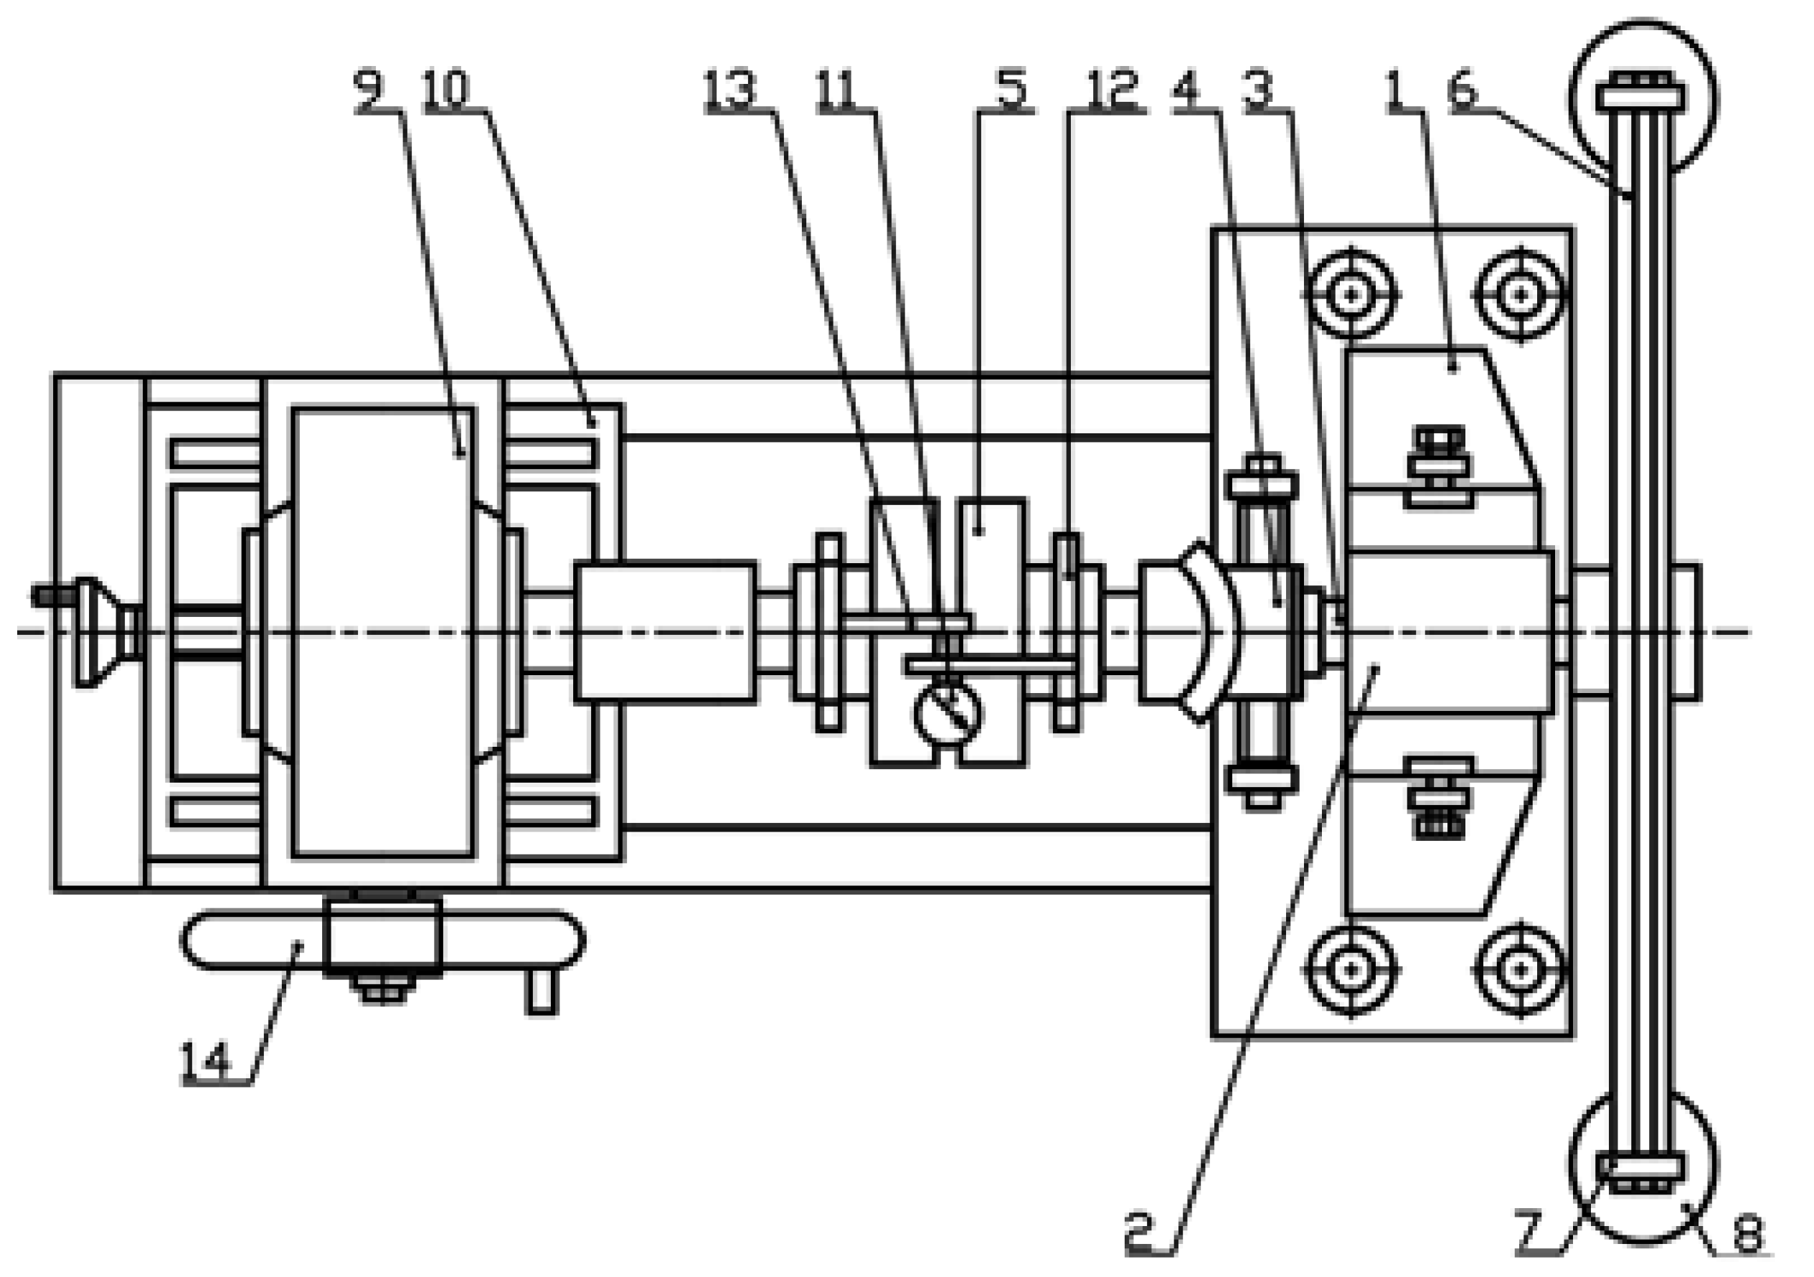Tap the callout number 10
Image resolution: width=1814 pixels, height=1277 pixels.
tap(447, 89)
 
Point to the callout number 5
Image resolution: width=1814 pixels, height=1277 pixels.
tap(1011, 89)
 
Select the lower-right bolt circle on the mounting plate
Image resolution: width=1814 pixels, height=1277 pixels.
tap(1520, 970)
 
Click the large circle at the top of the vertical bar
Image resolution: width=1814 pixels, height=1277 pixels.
tap(1643, 99)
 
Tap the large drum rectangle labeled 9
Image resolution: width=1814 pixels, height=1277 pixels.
tap(384, 632)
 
